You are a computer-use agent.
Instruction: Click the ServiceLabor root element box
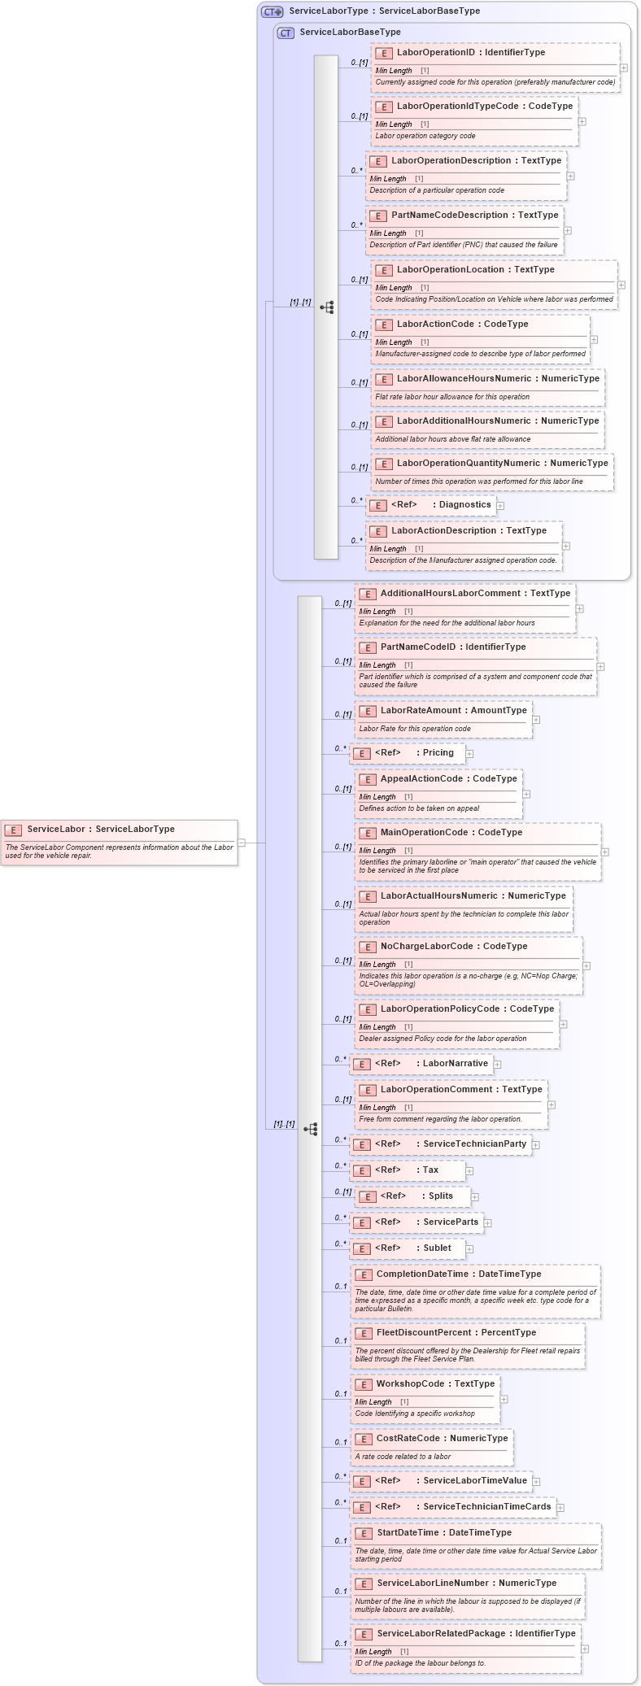tap(120, 842)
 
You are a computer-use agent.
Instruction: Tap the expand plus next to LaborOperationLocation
tap(621, 285)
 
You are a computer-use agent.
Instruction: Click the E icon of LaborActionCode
tap(384, 325)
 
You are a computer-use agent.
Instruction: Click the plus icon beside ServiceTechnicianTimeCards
tap(560, 1507)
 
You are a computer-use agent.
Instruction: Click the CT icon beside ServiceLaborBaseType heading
tap(286, 33)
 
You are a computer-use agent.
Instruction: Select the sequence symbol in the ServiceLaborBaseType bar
tap(326, 307)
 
